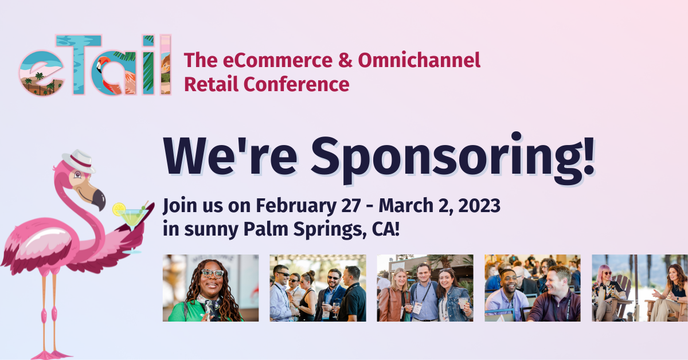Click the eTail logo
coord(95,65)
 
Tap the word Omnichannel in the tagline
coord(419,60)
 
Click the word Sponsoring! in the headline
coord(453,158)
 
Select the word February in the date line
coord(296,206)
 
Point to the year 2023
coord(479,205)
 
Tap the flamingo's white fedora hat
coord(79,161)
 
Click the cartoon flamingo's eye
coord(78,175)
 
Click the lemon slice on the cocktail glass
coord(119,209)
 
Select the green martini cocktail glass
coord(132,228)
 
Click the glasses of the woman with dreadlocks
coord(212,273)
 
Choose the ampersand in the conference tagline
coord(345,60)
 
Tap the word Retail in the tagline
coord(212,84)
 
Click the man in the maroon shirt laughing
coord(554,295)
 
